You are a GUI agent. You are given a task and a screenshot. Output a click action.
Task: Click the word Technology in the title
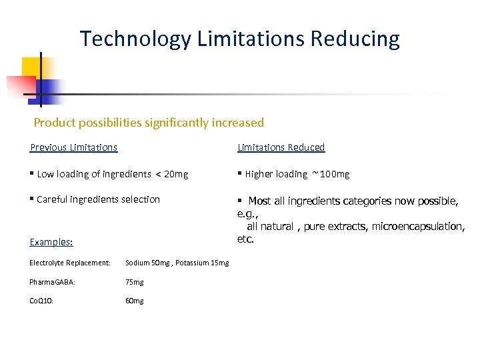pyautogui.click(x=135, y=39)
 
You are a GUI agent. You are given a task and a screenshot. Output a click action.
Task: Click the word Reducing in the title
pyautogui.click(x=356, y=39)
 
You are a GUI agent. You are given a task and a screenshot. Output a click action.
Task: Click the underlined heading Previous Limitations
pyautogui.click(x=74, y=147)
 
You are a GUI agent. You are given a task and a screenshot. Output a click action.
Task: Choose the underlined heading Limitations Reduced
pyautogui.click(x=281, y=147)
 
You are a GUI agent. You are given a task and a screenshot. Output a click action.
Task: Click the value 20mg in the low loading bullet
pyautogui.click(x=176, y=174)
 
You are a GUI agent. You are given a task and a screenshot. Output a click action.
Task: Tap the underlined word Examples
pyautogui.click(x=51, y=243)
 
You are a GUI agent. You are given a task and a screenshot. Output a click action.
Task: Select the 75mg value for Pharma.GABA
pyautogui.click(x=135, y=282)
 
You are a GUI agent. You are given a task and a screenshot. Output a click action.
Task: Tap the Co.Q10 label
pyautogui.click(x=41, y=301)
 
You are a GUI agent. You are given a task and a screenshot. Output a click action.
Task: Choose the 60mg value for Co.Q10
pyautogui.click(x=135, y=301)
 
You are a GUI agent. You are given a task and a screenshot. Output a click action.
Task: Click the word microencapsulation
pyautogui.click(x=418, y=227)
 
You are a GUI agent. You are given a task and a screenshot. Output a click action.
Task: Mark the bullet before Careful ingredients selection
pyautogui.click(x=32, y=199)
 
